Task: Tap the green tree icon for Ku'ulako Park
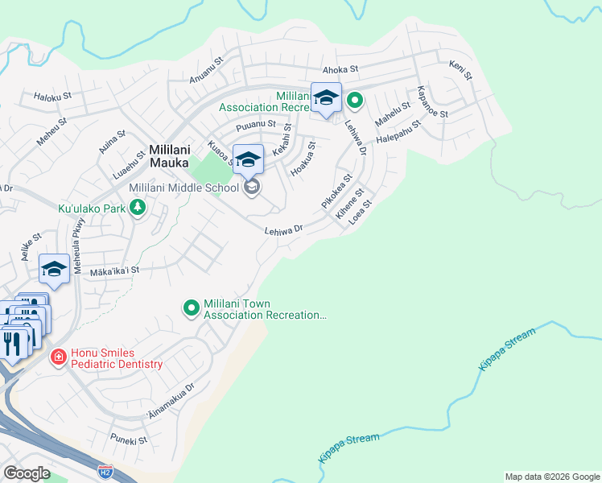click(138, 208)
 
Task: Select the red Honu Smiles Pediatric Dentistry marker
click(58, 357)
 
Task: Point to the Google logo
click(27, 473)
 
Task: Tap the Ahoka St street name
click(340, 70)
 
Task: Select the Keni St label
click(460, 69)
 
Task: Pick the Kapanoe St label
click(432, 101)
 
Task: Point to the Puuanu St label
click(256, 126)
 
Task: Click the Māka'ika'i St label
click(114, 271)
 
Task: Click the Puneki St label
click(129, 441)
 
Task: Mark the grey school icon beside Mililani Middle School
click(252, 188)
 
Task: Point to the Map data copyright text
click(551, 477)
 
